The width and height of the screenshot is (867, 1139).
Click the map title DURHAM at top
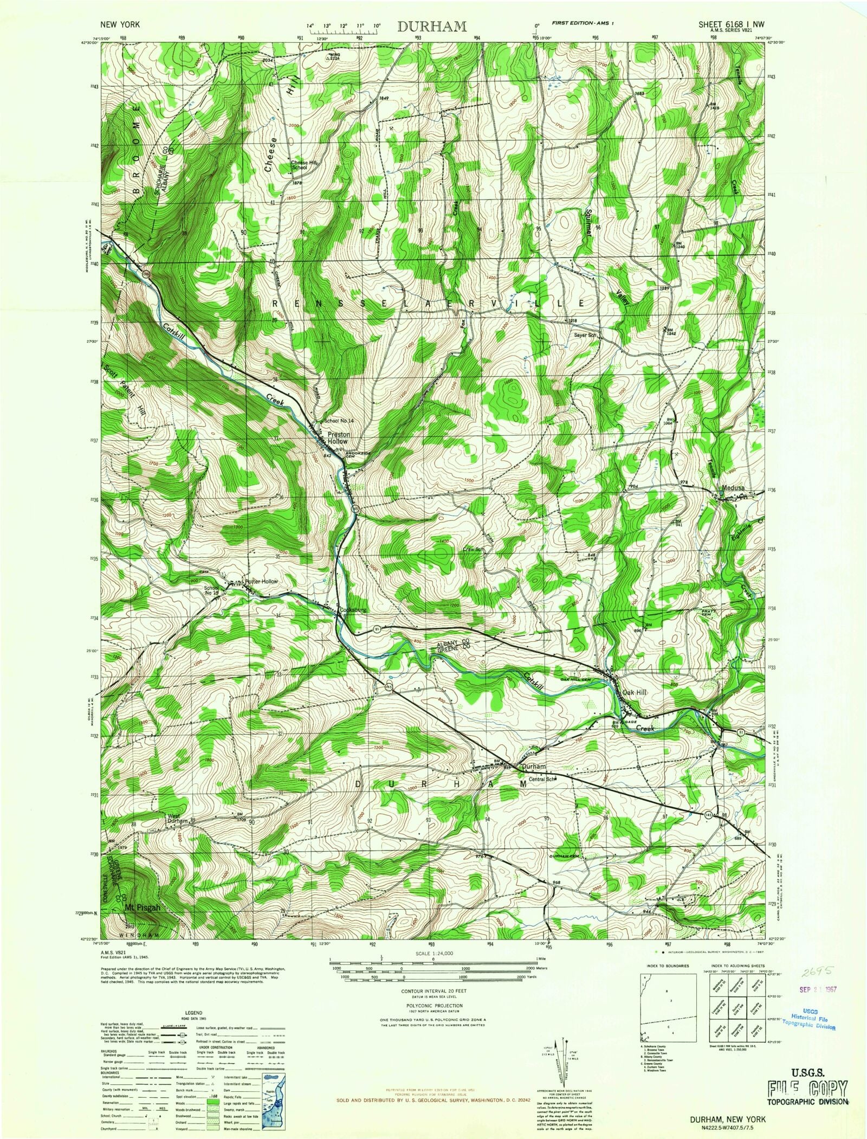(432, 27)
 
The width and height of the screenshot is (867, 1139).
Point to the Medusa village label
(733, 487)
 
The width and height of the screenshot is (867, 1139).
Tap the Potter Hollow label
(262, 581)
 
